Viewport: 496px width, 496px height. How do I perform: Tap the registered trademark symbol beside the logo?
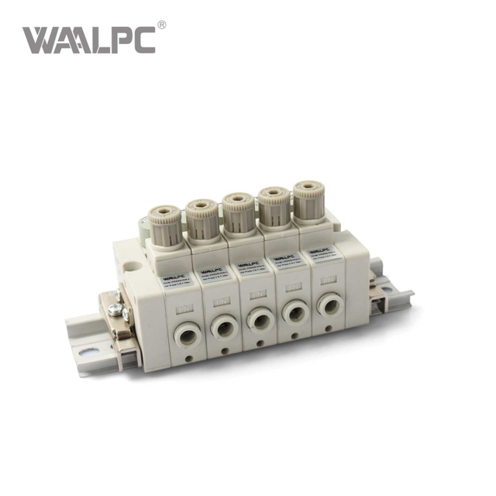(x=161, y=25)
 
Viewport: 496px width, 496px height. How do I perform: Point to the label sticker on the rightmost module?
(x=320, y=253)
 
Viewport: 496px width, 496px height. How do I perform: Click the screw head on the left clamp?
(x=115, y=311)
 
